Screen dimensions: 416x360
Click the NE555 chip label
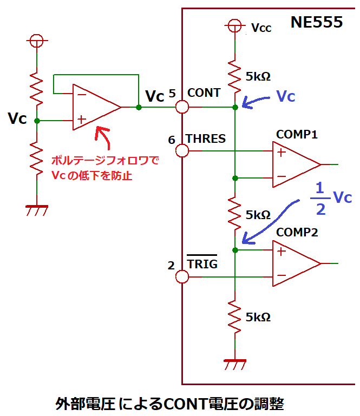pyautogui.click(x=317, y=22)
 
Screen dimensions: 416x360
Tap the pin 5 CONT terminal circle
pyautogui.click(x=181, y=107)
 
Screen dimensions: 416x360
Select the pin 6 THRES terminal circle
pyautogui.click(x=181, y=149)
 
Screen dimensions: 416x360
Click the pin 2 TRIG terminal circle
pyautogui.click(x=181, y=277)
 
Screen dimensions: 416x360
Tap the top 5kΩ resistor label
pyautogui.click(x=258, y=77)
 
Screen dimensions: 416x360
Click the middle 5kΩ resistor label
pyautogui.click(x=258, y=215)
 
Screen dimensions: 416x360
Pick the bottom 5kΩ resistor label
pyautogui.click(x=258, y=316)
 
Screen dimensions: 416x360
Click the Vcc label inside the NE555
pyautogui.click(x=260, y=27)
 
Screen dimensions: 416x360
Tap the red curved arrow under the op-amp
pyautogui.click(x=104, y=137)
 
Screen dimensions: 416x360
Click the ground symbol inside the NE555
pyautogui.click(x=235, y=364)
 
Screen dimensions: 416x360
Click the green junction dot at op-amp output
pyautogui.click(x=139, y=107)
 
